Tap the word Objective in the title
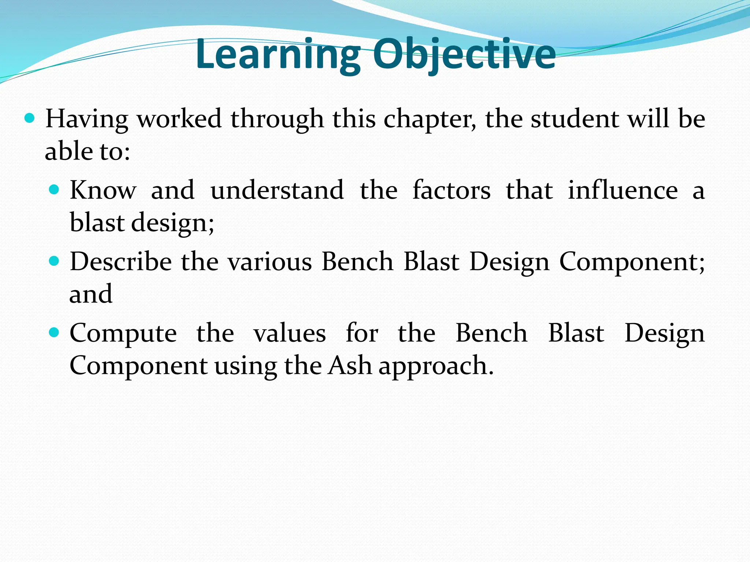click(x=464, y=55)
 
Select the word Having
click(x=87, y=119)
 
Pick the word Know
click(x=103, y=190)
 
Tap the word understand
click(x=277, y=190)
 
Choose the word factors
click(x=451, y=190)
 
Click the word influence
click(x=623, y=190)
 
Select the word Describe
click(x=121, y=262)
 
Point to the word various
click(x=270, y=262)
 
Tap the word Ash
click(x=350, y=366)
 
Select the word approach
click(x=436, y=366)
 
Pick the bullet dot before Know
click(x=54, y=189)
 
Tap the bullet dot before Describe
click(x=54, y=261)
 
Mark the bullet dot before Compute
click(x=54, y=332)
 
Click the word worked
click(x=179, y=119)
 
